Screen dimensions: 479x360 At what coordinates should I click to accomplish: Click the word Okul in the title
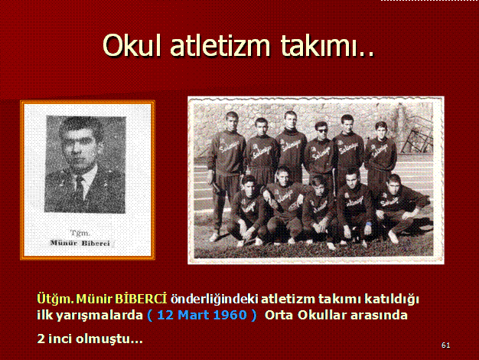pos(132,45)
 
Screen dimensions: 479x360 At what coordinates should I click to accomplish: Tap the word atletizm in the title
pos(220,45)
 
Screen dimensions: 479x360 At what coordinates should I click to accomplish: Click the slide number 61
pos(445,345)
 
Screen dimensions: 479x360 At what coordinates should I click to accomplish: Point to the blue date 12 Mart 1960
pos(202,315)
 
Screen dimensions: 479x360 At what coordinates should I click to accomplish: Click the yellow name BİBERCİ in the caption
pos(141,299)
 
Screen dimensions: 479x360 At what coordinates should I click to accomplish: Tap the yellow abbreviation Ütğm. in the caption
pos(55,299)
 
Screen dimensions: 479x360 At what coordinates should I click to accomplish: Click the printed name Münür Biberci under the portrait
pos(80,243)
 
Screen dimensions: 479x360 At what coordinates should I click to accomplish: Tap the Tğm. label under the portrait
pos(80,233)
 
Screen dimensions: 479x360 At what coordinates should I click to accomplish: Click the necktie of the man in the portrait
pos(80,188)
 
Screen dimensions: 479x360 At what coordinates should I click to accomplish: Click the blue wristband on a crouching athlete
pos(369,224)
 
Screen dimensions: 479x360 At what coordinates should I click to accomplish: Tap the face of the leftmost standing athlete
pos(232,123)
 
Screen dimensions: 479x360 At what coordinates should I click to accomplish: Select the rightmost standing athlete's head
pos(381,130)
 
